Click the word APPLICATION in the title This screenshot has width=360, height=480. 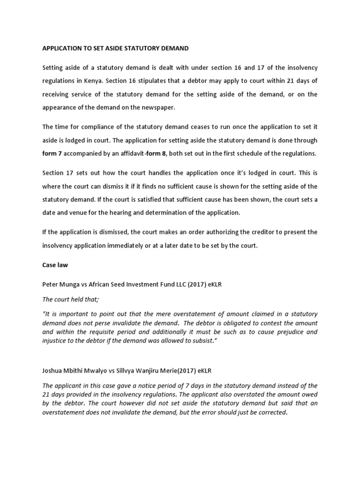click(x=64, y=48)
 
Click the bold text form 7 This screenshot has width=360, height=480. click(x=52, y=153)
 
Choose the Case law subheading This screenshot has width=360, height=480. click(x=55, y=265)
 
